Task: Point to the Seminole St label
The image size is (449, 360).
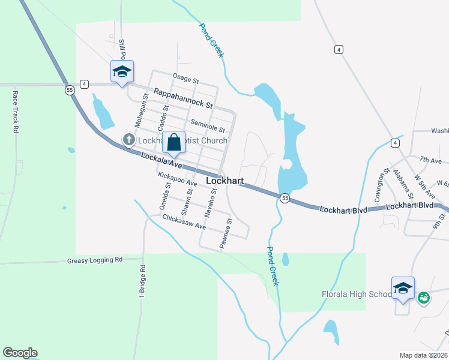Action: [207, 125]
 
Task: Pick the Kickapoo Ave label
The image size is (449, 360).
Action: [178, 179]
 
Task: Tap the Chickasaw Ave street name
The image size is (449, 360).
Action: [184, 223]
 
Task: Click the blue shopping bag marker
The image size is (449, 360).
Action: [174, 143]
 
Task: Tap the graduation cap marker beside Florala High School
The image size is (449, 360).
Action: [403, 289]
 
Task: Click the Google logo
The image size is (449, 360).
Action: [20, 353]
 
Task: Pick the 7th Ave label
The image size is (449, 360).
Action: [430, 160]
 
